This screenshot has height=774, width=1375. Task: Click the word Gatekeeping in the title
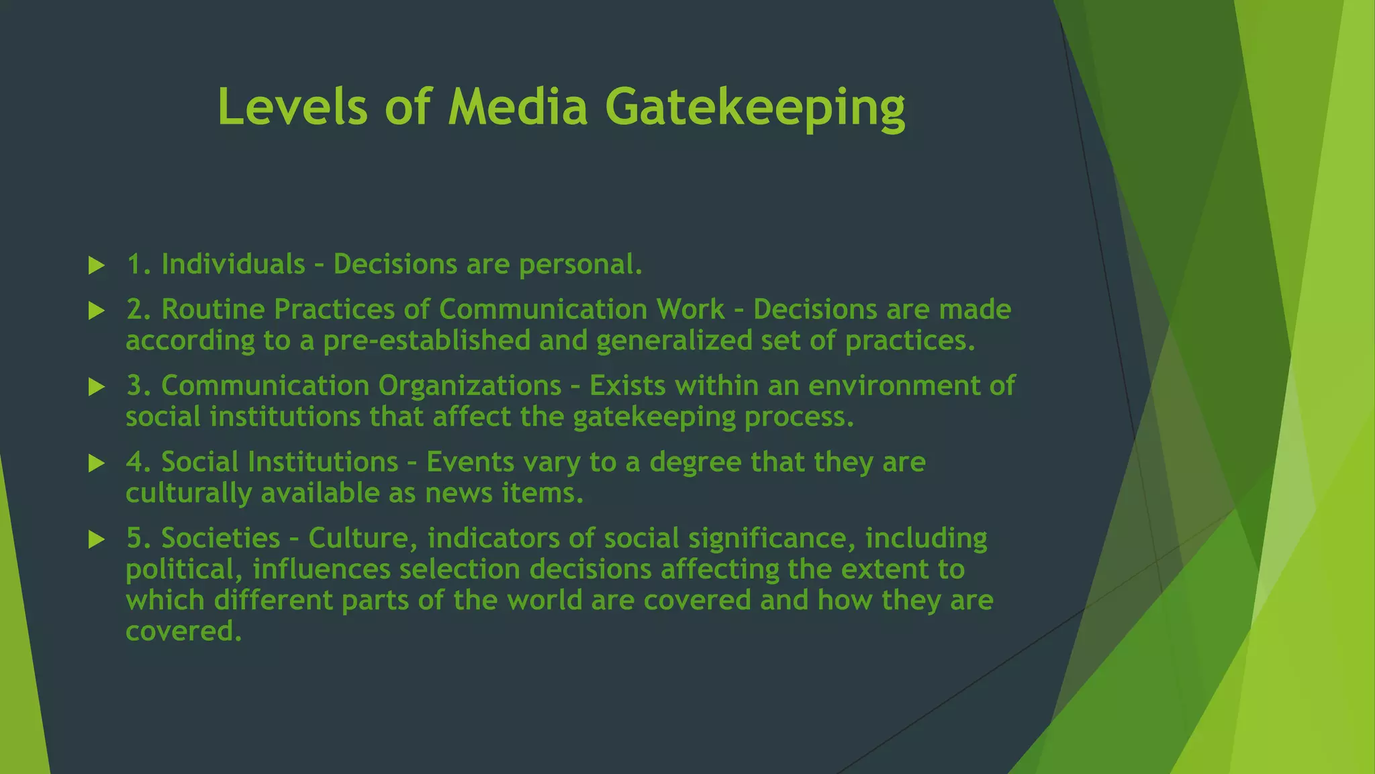pyautogui.click(x=755, y=107)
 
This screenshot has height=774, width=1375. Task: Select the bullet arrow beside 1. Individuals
pyautogui.click(x=97, y=265)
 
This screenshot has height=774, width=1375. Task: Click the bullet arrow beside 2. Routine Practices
pyautogui.click(x=97, y=310)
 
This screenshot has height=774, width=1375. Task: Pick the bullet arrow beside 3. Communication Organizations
pyautogui.click(x=97, y=387)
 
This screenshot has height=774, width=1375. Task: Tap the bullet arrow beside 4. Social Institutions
pyautogui.click(x=97, y=463)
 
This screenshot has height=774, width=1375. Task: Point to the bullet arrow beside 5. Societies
pyautogui.click(x=97, y=539)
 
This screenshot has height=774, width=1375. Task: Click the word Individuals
pyautogui.click(x=233, y=264)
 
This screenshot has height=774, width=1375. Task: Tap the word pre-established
pyautogui.click(x=426, y=341)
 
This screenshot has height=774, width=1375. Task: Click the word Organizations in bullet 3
pyautogui.click(x=469, y=386)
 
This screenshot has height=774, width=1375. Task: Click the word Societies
pyautogui.click(x=220, y=538)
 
